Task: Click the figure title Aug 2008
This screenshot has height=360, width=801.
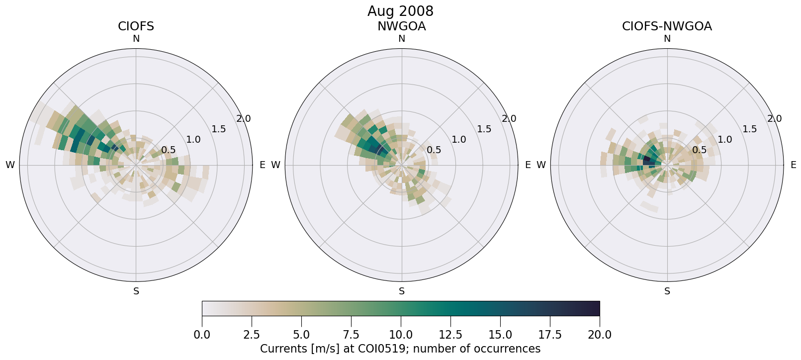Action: coord(400,11)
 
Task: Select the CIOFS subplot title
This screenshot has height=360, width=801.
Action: coord(136,26)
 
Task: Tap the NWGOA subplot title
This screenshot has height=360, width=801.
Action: coord(401,26)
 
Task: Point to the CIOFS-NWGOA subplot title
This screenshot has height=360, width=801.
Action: coord(667,26)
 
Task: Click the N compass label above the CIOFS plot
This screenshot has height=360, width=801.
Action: coord(136,39)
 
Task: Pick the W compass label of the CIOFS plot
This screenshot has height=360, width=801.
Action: coord(10,165)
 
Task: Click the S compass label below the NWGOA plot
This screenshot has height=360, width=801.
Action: coord(401,291)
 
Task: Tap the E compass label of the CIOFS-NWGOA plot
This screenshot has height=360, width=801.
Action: coord(793,165)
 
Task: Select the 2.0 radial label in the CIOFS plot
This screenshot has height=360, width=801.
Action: coord(244,119)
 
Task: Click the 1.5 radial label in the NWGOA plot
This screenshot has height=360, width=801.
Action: coord(484,129)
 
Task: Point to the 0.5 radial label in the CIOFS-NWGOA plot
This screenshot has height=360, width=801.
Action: coord(699,150)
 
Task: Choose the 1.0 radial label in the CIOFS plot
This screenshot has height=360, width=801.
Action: coord(193,140)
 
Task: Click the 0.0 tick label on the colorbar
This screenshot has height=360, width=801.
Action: coord(202,335)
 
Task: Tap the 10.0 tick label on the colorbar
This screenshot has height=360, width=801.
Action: coord(401,335)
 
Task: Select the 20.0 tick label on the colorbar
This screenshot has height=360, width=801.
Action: coord(599,335)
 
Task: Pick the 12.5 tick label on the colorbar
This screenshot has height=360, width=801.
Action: coord(450,335)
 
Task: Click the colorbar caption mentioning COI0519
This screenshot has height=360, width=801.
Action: coord(400,349)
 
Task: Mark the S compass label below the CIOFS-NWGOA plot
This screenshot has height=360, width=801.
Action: coord(667,291)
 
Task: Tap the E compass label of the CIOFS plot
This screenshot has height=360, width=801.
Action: coord(262,165)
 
